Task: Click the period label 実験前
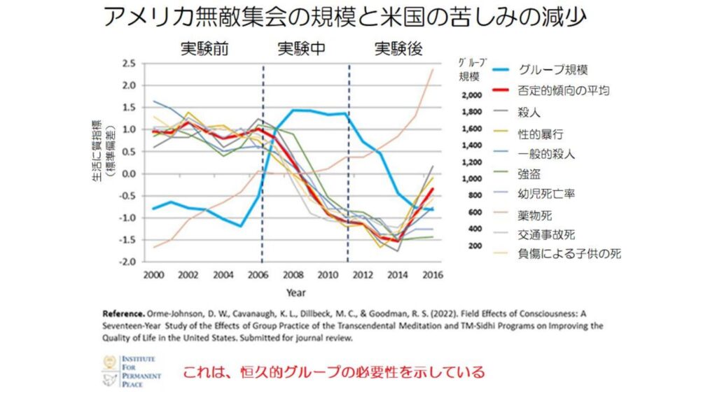coord(204,49)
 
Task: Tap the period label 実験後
coord(398,49)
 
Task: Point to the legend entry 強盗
coord(530,173)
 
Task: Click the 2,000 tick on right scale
coord(472,95)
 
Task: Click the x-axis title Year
coord(292,292)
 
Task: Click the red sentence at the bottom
coord(333,372)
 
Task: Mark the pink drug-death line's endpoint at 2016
coord(433,69)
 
